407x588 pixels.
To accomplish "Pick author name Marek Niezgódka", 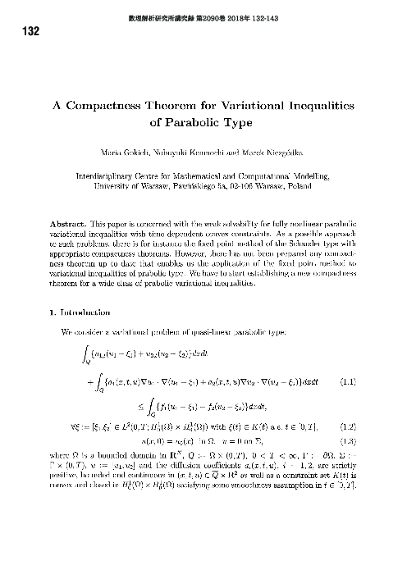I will pos(276,155).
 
